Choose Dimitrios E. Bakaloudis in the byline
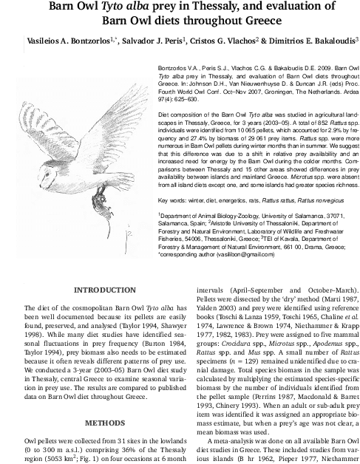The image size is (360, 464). pyautogui.click(x=309, y=39)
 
